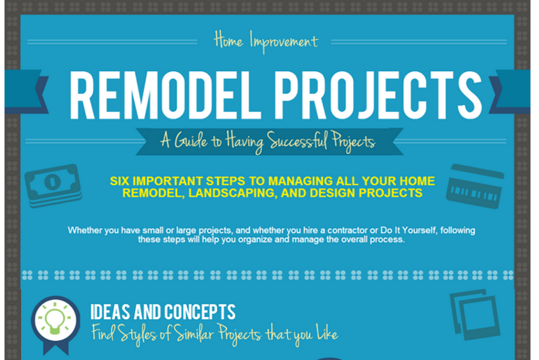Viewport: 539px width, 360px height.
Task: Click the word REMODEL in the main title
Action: click(x=164, y=95)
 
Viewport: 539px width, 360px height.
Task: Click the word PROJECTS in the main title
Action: click(x=378, y=95)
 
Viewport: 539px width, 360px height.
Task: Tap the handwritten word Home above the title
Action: click(x=228, y=40)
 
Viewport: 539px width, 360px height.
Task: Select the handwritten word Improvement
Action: click(x=284, y=42)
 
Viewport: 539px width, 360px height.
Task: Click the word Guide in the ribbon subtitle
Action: click(x=191, y=141)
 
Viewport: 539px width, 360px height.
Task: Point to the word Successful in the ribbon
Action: click(x=297, y=142)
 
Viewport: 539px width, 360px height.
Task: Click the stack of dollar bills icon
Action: click(x=53, y=185)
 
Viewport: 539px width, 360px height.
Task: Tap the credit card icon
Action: click(x=475, y=186)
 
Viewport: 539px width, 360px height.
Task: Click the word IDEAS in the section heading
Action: click(x=111, y=312)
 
